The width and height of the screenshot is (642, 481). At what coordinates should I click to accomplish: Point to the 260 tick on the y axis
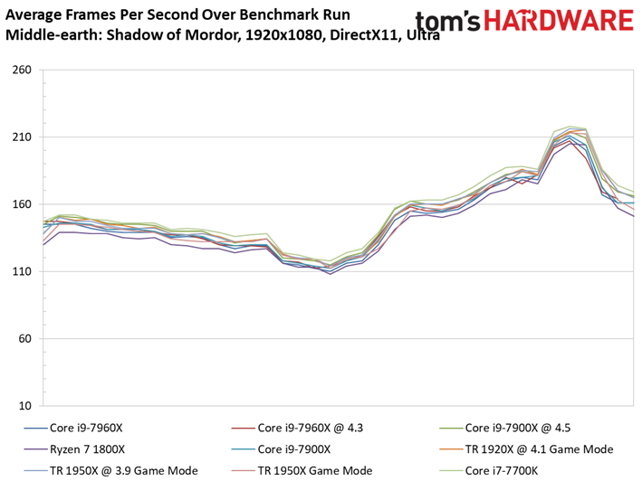[x=22, y=70]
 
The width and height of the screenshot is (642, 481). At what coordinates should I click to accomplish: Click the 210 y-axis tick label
[x=22, y=137]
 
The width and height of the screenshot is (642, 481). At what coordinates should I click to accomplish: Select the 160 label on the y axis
[x=22, y=204]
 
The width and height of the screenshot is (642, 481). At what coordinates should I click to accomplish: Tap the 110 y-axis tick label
[x=22, y=271]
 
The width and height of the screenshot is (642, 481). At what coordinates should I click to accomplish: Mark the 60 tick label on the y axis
[x=25, y=339]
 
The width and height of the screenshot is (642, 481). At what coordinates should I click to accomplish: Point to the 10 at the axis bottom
[x=25, y=406]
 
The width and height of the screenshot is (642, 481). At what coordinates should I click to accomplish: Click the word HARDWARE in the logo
[x=559, y=21]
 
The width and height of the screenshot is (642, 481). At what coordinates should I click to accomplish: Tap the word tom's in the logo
[x=448, y=22]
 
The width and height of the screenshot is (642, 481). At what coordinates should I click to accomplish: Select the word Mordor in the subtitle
[x=211, y=34]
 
